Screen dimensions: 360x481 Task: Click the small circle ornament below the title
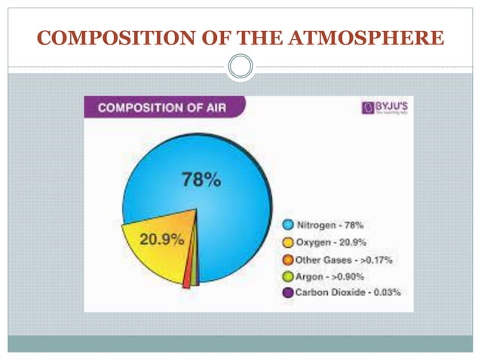[x=240, y=67]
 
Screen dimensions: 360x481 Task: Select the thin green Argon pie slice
[x=195, y=271]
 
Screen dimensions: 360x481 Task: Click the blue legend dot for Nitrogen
[x=287, y=224]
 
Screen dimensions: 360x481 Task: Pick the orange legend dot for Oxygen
[x=287, y=241]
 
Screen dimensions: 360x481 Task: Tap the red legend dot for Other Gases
[x=287, y=258]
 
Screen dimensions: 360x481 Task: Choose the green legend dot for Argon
[x=287, y=276]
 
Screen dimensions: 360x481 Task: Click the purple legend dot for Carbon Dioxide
[x=287, y=292]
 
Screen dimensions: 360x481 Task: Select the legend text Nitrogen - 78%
[x=329, y=224]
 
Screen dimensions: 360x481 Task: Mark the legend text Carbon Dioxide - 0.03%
[x=348, y=292]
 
